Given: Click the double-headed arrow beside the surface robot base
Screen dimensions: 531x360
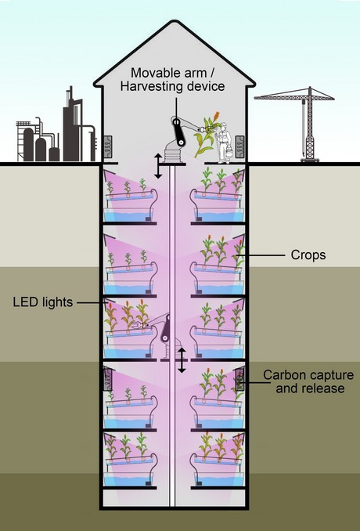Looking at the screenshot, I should click(x=158, y=166).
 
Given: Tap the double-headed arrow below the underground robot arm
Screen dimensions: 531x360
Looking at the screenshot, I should click(x=182, y=360).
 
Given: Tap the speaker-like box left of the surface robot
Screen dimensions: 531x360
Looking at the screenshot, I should click(x=107, y=146).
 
